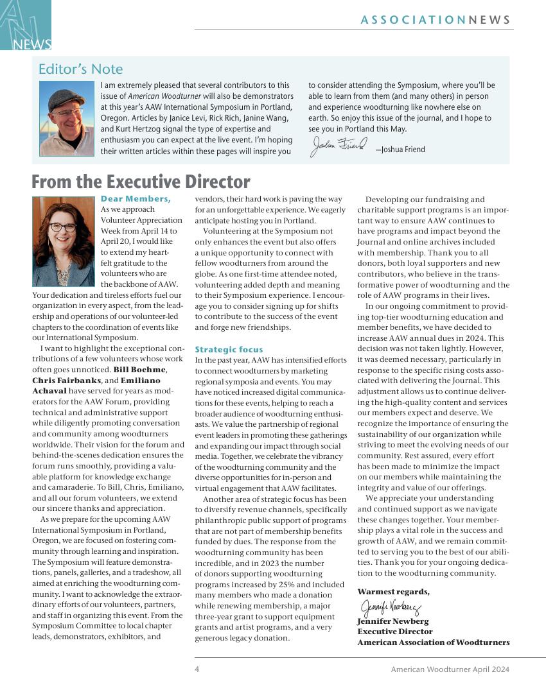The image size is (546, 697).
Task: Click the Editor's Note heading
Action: (80, 69)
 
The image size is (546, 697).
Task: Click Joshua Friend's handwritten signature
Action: (339, 146)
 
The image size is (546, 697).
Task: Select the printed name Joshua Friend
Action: (403, 150)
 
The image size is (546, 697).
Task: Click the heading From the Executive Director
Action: (141, 182)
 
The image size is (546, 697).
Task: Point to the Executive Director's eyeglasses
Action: (62, 227)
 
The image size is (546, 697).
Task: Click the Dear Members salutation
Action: (136, 199)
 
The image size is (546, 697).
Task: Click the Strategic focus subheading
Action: (229, 350)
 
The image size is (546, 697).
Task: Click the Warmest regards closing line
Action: (393, 591)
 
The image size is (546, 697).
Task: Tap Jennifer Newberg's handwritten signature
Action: (390, 607)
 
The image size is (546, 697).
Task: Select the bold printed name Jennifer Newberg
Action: (392, 621)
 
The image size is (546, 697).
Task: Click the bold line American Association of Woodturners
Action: (433, 642)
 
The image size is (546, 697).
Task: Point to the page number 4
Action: (197, 669)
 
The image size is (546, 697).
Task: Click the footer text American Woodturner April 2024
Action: (450, 669)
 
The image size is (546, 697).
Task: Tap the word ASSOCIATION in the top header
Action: (413, 20)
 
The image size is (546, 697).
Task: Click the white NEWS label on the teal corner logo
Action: (32, 44)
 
